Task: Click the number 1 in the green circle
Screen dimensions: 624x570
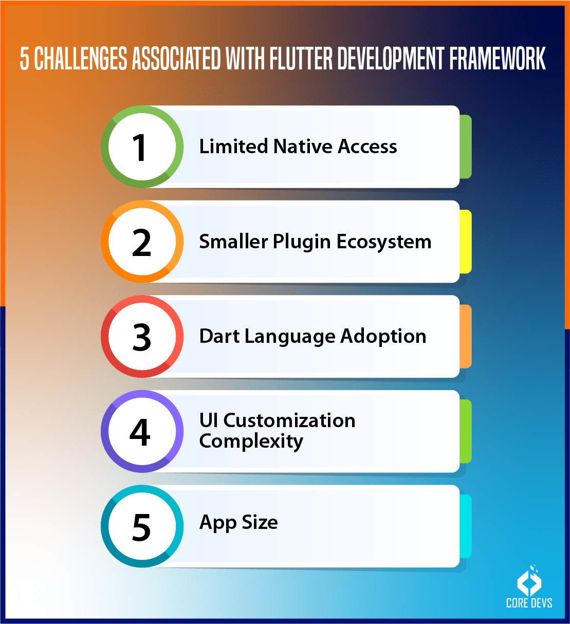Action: [140, 148]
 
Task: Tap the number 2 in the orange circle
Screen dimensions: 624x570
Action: [141, 243]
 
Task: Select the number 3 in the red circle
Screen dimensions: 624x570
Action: [141, 338]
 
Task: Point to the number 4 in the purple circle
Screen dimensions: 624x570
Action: [140, 432]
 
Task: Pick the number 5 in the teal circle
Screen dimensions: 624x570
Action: [141, 527]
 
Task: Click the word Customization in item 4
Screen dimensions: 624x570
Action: [289, 420]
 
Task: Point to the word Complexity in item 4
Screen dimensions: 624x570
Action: [251, 442]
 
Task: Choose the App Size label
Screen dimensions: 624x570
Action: [238, 523]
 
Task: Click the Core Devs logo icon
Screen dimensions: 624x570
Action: [529, 580]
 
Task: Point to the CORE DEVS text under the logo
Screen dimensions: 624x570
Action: [529, 603]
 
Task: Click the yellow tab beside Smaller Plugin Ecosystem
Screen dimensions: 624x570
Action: [465, 242]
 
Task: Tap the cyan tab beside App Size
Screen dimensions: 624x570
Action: [465, 526]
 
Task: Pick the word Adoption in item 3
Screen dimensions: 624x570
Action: [383, 336]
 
